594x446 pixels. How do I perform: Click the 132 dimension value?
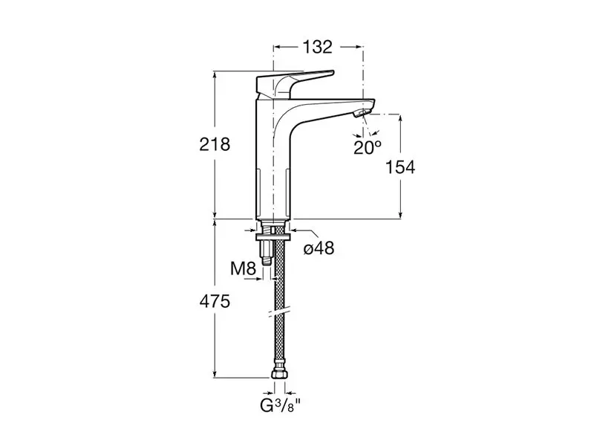click(x=318, y=47)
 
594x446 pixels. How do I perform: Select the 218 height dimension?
click(x=215, y=144)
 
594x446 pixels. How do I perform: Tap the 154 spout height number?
click(x=400, y=167)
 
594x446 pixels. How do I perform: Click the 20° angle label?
click(x=368, y=147)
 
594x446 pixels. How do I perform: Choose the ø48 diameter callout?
click(x=319, y=248)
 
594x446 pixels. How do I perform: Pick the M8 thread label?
click(x=244, y=269)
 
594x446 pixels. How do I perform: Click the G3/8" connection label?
click(x=280, y=406)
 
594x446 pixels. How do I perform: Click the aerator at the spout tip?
click(x=361, y=113)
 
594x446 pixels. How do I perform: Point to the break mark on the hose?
click(x=280, y=312)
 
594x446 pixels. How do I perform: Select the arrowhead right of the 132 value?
click(x=359, y=47)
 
